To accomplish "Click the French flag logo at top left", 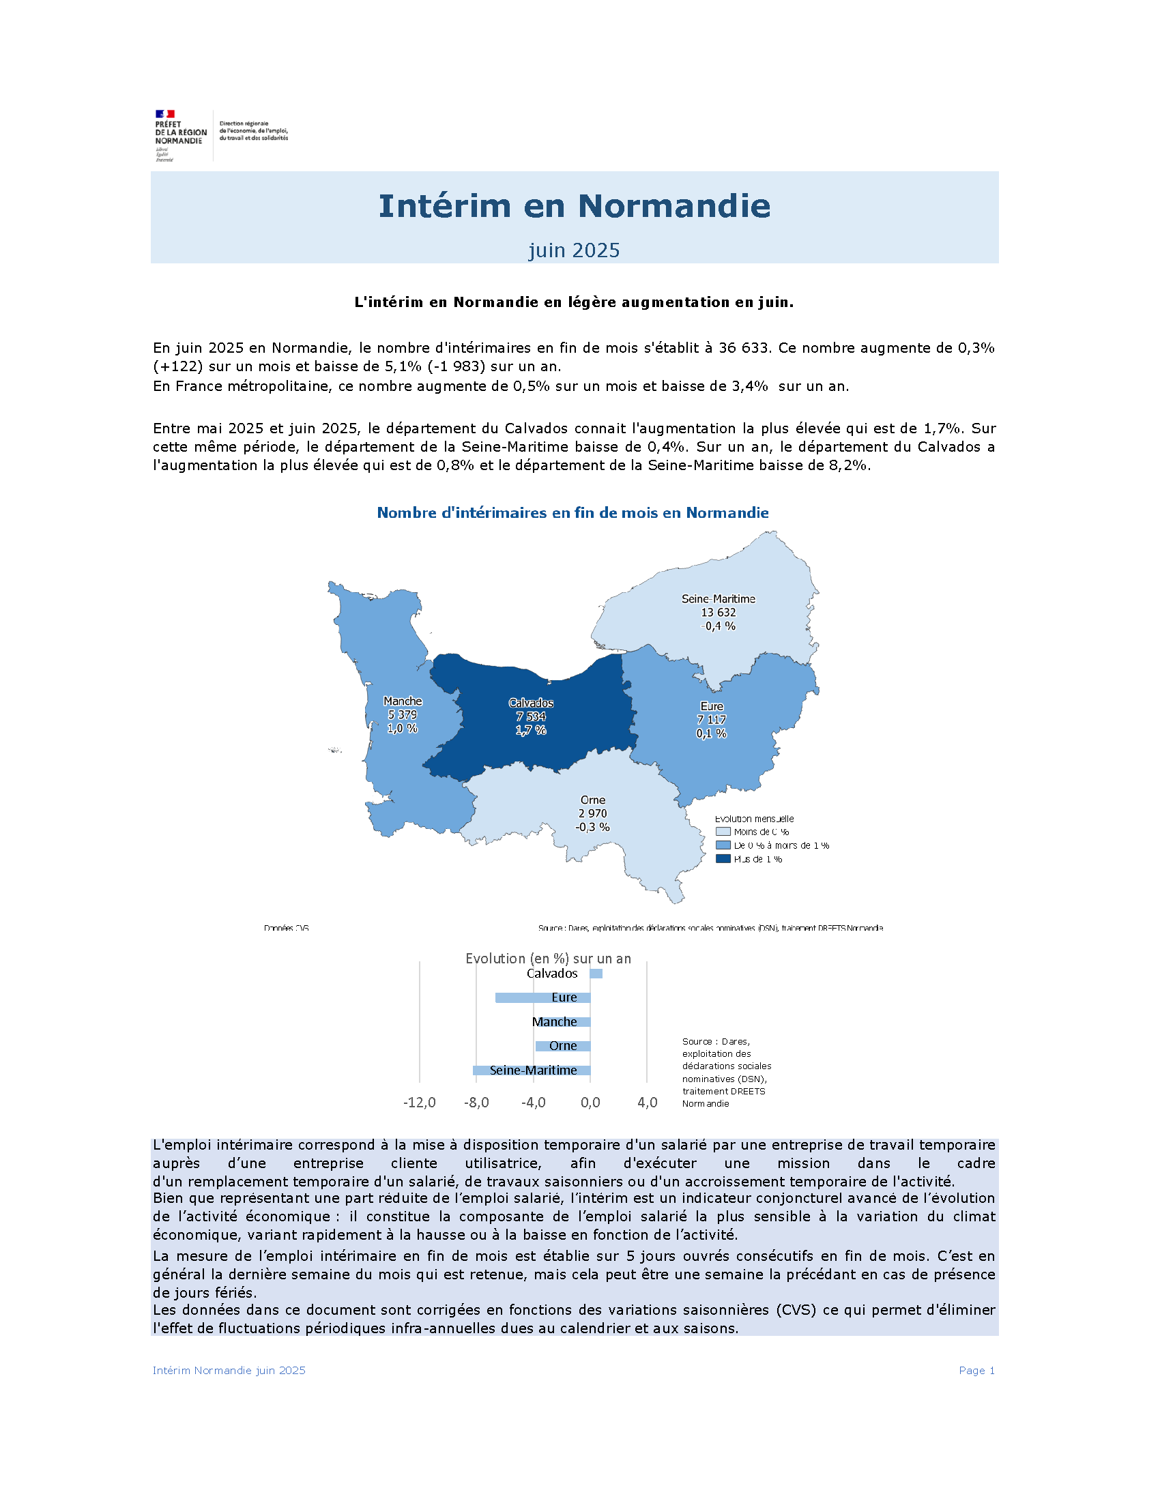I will pyautogui.click(x=165, y=114).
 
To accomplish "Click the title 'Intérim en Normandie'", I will pyautogui.click(x=574, y=205).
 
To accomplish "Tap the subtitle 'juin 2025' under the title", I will pyautogui.click(x=574, y=250).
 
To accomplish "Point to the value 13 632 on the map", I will pyautogui.click(x=718, y=613).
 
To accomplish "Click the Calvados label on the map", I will pyautogui.click(x=530, y=703).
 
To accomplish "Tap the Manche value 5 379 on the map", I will pyautogui.click(x=402, y=715).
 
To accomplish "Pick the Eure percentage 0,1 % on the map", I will pyautogui.click(x=711, y=733).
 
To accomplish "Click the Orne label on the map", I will pyautogui.click(x=592, y=800).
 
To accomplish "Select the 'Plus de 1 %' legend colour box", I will pyautogui.click(x=722, y=859).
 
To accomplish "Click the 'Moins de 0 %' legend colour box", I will pyautogui.click(x=722, y=832).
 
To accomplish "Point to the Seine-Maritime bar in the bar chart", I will pyautogui.click(x=530, y=1070).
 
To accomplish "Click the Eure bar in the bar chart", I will pyautogui.click(x=542, y=997).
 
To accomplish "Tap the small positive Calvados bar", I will pyautogui.click(x=596, y=973).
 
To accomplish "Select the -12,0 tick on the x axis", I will pyautogui.click(x=419, y=1103).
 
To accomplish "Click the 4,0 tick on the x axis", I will pyautogui.click(x=647, y=1103).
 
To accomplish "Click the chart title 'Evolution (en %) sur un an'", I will pyautogui.click(x=548, y=958).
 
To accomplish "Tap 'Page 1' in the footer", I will pyautogui.click(x=976, y=1371).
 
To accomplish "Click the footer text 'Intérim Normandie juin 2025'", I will pyautogui.click(x=229, y=1371).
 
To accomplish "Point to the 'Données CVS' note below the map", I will pyautogui.click(x=286, y=928).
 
